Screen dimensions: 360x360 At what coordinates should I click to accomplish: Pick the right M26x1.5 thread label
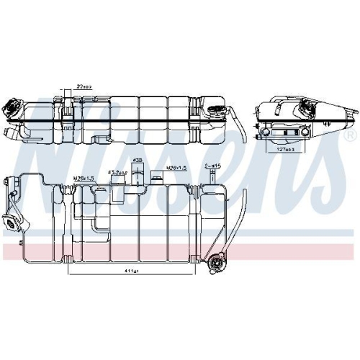(x=177, y=168)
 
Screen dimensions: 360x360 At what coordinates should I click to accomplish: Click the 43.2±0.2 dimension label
(x=117, y=173)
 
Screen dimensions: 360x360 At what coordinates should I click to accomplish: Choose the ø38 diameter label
(x=138, y=161)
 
